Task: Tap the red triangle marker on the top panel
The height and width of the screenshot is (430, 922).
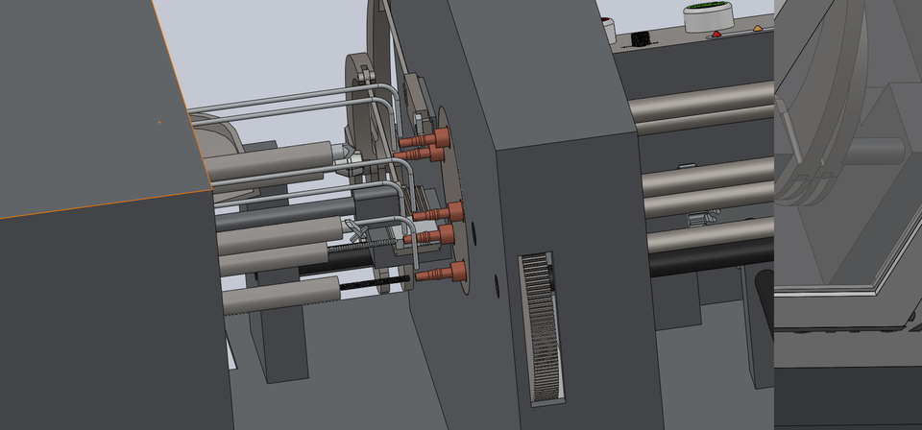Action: coord(716,36)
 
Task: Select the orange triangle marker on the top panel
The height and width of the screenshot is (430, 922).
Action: coord(758,28)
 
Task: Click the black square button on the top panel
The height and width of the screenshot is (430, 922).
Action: coord(639,40)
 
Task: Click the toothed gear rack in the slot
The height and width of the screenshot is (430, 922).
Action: coord(541,326)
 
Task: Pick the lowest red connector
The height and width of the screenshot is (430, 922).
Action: coord(439,275)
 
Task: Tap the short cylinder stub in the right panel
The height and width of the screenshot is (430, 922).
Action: coord(875,152)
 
